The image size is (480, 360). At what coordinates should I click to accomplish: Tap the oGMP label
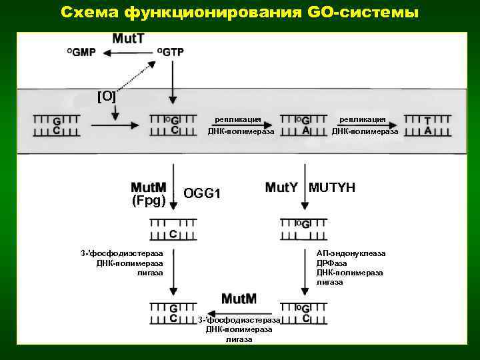81,53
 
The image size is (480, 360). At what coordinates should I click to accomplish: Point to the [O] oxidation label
107,97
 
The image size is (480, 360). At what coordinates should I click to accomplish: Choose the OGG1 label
201,193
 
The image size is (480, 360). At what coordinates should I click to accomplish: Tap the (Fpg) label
149,200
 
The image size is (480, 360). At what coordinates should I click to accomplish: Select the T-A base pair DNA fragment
427,125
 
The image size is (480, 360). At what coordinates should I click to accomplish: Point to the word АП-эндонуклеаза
351,253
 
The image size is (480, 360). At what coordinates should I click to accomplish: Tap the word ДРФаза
331,263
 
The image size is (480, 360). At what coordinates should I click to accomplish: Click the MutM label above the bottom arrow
239,298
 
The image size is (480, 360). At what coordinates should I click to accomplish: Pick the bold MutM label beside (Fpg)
149,187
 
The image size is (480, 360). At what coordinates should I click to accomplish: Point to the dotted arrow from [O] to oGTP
138,74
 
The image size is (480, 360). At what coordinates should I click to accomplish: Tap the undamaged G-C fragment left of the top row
57,125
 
